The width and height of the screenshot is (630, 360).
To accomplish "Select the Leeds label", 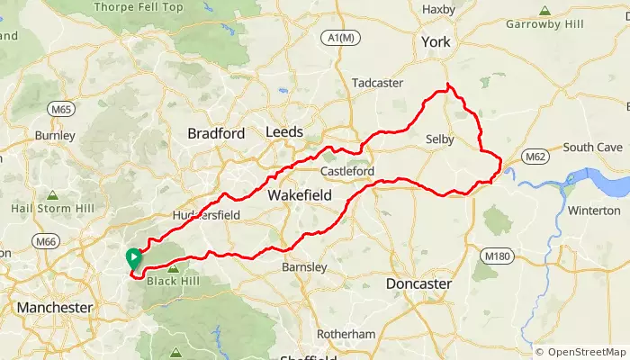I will tap(284, 132).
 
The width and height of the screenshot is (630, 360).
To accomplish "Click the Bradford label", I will tap(215, 133).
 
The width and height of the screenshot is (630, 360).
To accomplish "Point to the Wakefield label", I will tap(300, 194).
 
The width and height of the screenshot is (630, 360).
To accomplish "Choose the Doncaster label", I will tap(418, 283).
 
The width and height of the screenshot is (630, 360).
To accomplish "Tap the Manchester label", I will tap(54, 308).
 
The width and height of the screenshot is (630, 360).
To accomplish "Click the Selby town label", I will tap(439, 139).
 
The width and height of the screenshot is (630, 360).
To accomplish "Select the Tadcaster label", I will tap(378, 82).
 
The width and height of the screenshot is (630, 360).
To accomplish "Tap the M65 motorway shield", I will tap(61, 109).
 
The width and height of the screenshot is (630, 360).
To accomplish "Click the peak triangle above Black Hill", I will tap(171, 268).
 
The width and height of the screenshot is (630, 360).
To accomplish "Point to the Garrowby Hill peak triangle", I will tap(544, 11).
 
